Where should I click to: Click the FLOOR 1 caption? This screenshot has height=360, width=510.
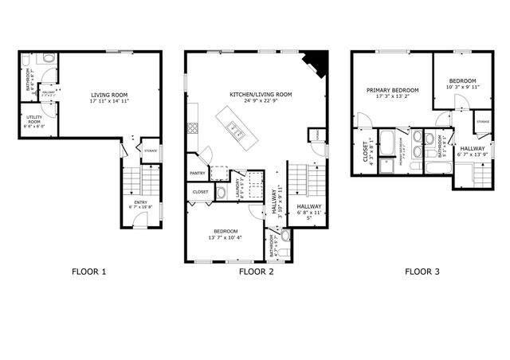88,272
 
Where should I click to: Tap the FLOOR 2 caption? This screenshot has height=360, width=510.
256,272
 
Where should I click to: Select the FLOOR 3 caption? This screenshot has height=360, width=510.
422,272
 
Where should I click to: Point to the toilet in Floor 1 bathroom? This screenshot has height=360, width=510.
49,61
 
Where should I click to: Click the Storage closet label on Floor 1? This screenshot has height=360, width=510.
150,151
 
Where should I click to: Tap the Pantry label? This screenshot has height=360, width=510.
198,174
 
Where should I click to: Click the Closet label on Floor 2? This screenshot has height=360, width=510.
200,192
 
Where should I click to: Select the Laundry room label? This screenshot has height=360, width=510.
237,186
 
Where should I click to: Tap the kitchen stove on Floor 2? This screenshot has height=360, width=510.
191,127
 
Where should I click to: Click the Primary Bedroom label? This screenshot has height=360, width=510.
393,90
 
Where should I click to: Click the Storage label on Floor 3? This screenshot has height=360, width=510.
483,121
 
